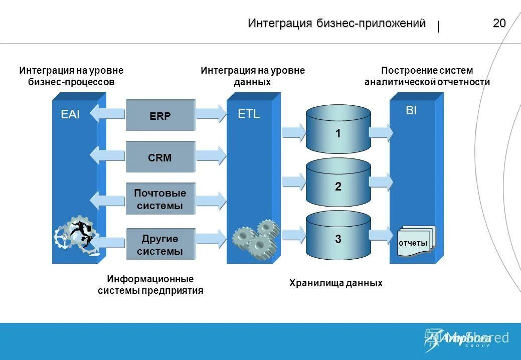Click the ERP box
coord(160,116)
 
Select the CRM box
coord(160,157)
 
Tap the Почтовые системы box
coord(160,199)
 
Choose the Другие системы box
coord(160,245)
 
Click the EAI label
coord(70,114)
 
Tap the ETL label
coord(249,114)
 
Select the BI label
coord(411,111)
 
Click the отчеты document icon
coord(415,241)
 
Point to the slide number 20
coord(499,23)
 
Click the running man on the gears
coord(80,233)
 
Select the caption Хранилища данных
coord(335,283)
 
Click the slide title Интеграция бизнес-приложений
coord(336,24)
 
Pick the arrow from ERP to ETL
coord(211,113)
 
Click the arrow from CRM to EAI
coord(107,154)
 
